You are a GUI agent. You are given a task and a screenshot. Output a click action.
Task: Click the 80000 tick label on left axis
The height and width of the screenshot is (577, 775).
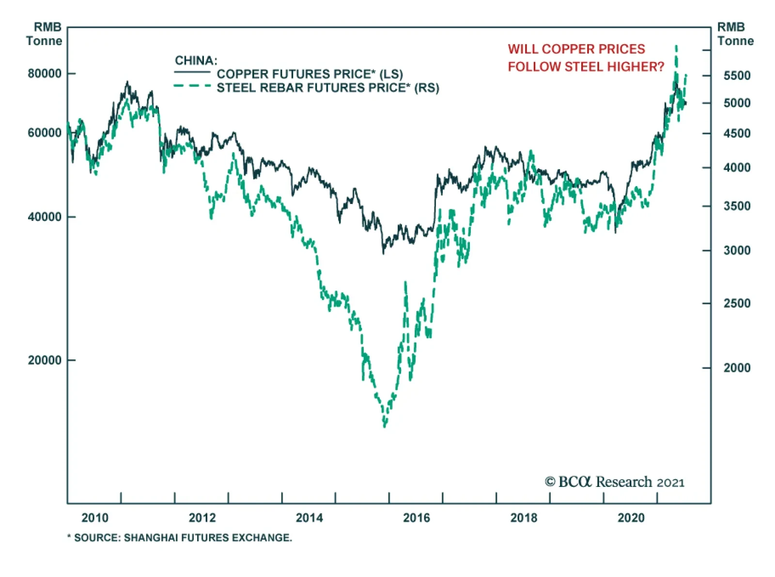45,74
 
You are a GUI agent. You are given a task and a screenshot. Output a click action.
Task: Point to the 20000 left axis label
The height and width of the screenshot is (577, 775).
45,360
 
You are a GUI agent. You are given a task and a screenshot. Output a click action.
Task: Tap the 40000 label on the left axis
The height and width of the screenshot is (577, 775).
45,217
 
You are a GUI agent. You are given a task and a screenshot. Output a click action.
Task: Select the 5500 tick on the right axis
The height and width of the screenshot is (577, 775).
737,76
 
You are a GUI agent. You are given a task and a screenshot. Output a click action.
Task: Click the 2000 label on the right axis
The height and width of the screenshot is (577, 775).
737,368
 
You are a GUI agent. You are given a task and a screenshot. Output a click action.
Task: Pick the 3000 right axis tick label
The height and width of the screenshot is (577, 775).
737,250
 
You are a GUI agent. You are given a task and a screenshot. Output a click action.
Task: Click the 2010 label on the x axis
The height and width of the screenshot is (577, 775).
95,518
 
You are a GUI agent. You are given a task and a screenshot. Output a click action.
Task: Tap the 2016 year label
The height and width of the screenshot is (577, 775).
417,518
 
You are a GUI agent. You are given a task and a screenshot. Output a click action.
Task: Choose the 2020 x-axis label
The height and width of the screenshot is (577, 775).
631,518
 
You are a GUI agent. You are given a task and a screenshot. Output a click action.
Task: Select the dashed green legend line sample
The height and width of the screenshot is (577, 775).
192,87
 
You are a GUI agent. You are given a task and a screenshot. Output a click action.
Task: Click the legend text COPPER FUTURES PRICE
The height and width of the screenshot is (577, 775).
310,74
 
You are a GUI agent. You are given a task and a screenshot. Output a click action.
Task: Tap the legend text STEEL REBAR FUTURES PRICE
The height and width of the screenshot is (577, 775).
327,88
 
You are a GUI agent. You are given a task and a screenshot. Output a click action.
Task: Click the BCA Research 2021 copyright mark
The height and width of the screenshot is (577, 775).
614,482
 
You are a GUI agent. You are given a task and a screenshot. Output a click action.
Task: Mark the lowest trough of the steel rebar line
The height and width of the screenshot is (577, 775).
385,426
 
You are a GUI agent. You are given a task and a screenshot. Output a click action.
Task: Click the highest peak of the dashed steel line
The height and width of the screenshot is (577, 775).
676,47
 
